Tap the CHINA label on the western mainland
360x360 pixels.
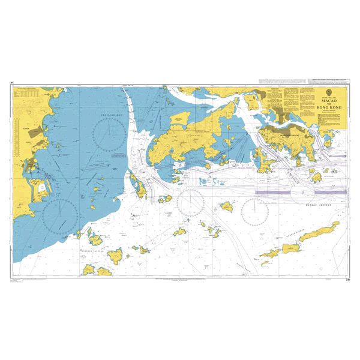click(x=25, y=128)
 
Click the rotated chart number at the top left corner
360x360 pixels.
click(x=11, y=85)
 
